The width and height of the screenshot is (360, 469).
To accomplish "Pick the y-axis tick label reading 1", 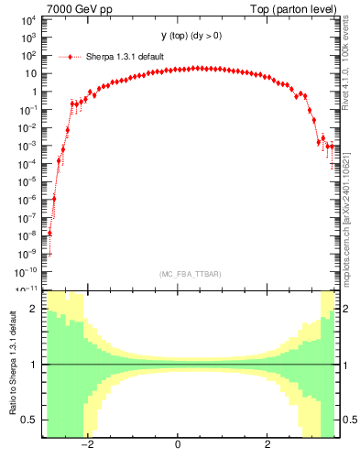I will point(32,92).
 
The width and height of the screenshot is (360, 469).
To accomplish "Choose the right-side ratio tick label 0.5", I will point(346,420).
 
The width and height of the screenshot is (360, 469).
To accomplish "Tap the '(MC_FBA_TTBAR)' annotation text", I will point(190,275).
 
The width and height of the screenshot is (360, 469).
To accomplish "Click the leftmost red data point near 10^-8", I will point(49,233).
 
